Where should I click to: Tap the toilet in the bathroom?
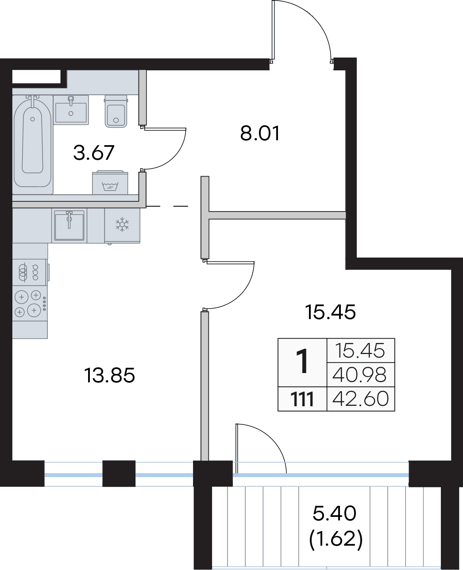click(116, 111)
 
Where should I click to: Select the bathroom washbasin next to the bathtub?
click(71, 110)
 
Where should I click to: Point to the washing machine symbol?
click(110, 186)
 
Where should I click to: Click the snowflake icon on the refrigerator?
click(122, 224)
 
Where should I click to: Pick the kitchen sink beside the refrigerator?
click(69, 225)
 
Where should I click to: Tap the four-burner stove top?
click(30, 303)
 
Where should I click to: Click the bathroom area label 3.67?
click(94, 153)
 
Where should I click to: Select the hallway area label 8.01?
click(260, 133)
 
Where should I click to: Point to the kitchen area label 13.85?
click(109, 375)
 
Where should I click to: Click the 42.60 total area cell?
click(360, 399)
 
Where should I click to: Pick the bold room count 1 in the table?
click(303, 362)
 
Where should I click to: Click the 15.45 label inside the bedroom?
click(330, 312)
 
